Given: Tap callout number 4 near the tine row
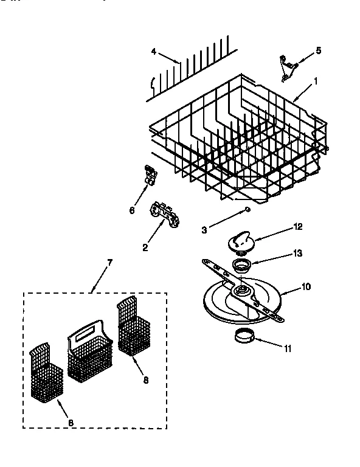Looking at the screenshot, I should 154,52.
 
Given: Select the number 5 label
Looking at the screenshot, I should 318,50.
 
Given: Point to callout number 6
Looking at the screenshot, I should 131,210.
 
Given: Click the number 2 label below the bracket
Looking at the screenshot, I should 145,247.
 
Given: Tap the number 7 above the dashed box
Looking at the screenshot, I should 109,262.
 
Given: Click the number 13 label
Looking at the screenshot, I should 297,252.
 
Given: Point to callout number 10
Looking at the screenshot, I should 306,286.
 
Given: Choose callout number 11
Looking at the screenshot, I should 288,348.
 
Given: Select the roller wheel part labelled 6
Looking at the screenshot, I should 150,175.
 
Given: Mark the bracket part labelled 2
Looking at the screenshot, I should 164,215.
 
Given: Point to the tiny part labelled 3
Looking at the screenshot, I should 247,210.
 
